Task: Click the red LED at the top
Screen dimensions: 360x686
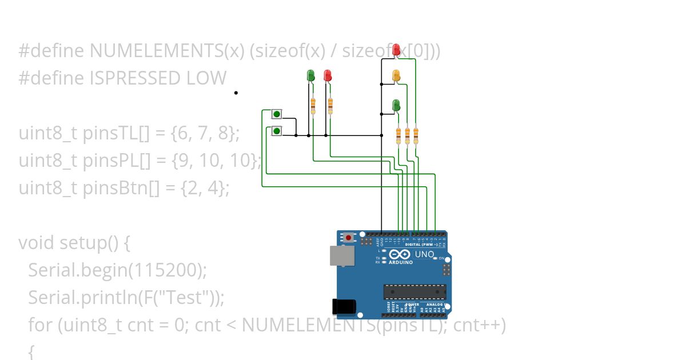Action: click(x=396, y=50)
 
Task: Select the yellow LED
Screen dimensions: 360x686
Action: click(x=396, y=75)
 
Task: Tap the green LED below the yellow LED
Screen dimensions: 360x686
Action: click(x=396, y=105)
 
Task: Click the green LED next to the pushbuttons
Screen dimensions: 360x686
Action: click(x=310, y=75)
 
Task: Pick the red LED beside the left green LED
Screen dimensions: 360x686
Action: click(x=328, y=75)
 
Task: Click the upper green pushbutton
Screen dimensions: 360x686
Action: click(x=277, y=114)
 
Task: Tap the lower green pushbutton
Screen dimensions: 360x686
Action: click(x=277, y=131)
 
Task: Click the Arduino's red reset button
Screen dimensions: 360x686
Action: click(x=348, y=237)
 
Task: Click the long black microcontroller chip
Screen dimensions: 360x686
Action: click(x=414, y=291)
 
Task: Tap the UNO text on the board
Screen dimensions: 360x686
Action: click(x=424, y=254)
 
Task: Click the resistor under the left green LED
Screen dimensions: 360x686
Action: click(x=313, y=105)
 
